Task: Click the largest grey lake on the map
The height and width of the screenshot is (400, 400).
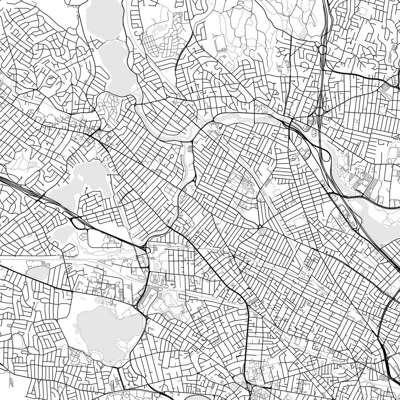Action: click(x=105, y=330)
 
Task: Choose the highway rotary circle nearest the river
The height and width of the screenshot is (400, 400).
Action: click(x=319, y=112)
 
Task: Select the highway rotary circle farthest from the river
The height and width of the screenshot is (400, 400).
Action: click(x=321, y=49)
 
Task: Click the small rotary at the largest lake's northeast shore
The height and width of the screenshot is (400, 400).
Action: click(x=135, y=307)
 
